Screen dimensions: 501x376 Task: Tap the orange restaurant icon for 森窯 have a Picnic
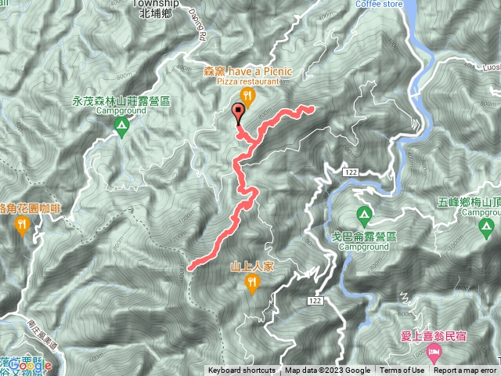(248, 97)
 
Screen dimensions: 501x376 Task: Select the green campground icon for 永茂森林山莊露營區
(121, 125)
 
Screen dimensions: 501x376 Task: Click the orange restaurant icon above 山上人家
(252, 284)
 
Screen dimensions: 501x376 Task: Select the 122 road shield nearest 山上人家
(315, 301)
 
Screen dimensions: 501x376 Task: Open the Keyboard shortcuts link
(242, 371)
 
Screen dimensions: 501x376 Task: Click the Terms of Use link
(402, 371)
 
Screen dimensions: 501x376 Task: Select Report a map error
(465, 371)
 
